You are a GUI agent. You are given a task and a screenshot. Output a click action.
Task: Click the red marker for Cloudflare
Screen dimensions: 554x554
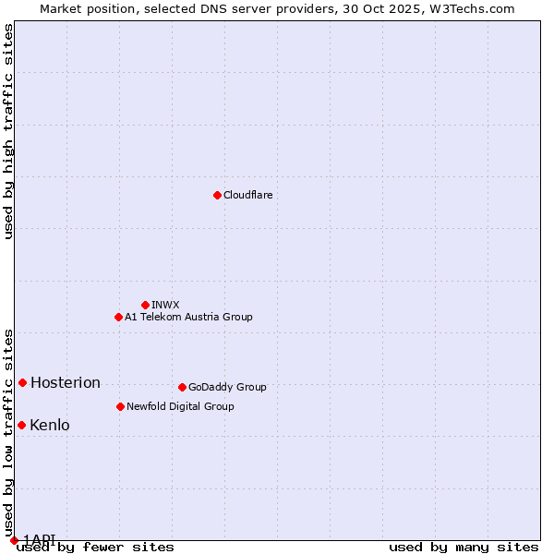coord(217,195)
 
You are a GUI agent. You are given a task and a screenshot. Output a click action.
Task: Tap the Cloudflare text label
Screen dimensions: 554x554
coord(247,196)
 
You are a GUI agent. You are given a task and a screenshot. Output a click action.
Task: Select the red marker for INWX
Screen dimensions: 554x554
coord(145,305)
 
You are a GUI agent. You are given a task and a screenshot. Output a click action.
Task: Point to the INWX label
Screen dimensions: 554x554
coord(165,305)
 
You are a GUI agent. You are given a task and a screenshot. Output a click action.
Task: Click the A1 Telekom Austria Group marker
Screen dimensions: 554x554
coord(118,317)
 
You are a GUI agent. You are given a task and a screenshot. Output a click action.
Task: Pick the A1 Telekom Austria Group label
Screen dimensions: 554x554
coord(188,317)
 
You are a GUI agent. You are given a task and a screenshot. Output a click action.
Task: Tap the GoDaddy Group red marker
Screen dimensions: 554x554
coord(182,387)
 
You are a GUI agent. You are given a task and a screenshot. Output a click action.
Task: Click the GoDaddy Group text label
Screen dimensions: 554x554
coord(227,387)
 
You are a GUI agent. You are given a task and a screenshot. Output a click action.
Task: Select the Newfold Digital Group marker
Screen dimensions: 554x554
coord(120,406)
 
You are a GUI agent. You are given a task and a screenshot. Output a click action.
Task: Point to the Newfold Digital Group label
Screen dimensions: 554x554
coord(180,406)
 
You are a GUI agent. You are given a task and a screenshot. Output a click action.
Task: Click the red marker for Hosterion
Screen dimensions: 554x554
coord(22,382)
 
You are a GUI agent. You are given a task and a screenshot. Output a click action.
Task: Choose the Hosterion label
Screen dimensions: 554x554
coord(66,383)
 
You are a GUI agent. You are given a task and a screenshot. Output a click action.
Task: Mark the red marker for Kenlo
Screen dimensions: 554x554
coord(21,425)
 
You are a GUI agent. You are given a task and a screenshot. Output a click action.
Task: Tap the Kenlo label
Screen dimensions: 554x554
coord(50,426)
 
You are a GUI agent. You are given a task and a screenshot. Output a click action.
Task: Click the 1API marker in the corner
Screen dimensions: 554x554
coord(14,540)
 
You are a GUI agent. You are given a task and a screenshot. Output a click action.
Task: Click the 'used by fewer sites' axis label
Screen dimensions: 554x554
coord(96,548)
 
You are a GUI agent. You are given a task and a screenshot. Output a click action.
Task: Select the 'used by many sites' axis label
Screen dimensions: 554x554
coord(464,548)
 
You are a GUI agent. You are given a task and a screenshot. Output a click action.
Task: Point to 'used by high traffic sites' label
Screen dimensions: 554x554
coord(8,131)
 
